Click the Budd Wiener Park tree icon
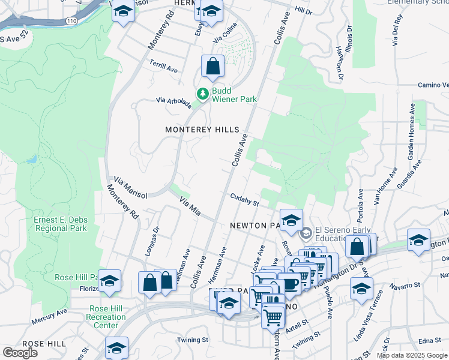pos(203,94)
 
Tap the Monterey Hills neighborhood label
pos(202,130)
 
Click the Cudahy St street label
pos(244,199)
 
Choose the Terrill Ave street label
pos(164,66)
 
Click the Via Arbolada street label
pos(173,103)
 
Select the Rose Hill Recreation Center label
pos(106,317)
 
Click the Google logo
pos(20,353)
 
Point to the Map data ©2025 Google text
pos(412,355)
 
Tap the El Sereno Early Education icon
pos(306,232)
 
